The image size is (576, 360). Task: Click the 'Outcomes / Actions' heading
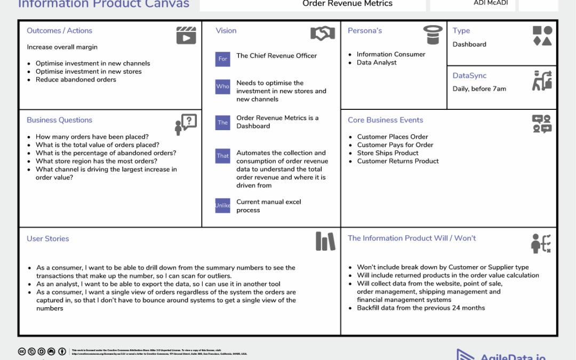59,31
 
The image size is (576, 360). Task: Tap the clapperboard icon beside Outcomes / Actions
186,35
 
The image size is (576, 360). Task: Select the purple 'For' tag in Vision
222,59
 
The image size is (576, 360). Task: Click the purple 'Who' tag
222,86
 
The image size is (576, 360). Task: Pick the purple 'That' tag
222,156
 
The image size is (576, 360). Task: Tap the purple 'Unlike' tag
222,205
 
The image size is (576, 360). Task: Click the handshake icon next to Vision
323,34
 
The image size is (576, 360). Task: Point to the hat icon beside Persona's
433,35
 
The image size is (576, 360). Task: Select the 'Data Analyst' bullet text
377,62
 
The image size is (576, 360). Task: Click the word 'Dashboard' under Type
469,44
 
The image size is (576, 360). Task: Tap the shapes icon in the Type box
542,35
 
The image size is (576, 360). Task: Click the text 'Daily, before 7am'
479,89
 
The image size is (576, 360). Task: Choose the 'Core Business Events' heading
385,120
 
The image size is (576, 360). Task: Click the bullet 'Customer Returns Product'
398,161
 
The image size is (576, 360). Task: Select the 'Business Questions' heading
59,120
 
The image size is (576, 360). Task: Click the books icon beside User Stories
325,241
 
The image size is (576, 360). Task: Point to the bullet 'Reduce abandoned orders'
76,79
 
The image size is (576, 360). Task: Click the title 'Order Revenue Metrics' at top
347,4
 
